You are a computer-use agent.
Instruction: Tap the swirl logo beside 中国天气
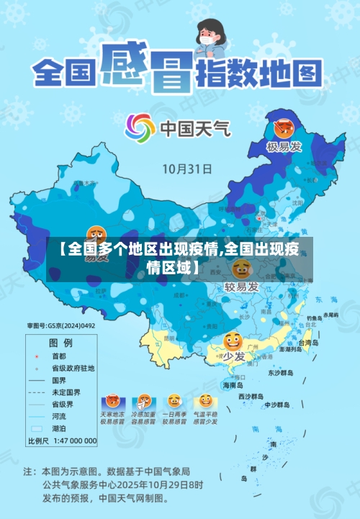[140, 129]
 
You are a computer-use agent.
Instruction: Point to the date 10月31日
[186, 170]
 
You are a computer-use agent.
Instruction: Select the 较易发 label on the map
[241, 287]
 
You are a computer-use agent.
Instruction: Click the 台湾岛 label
[310, 343]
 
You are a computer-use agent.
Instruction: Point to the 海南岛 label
[234, 385]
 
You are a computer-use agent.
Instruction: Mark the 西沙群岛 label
[253, 397]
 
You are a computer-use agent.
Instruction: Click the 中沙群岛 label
[276, 405]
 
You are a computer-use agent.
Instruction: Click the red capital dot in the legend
[36, 356]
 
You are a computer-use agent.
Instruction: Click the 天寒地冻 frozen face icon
[112, 401]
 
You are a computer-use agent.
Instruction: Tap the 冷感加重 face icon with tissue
[143, 401]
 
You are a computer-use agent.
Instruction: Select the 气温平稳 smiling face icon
[205, 401]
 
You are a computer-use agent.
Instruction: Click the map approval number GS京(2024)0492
[61, 326]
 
